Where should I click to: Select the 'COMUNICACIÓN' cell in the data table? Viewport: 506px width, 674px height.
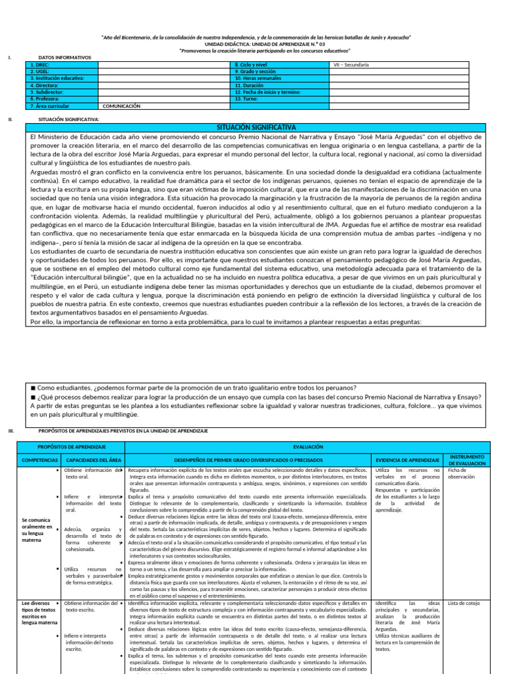coord(123,105)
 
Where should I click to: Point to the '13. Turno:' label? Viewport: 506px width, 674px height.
coord(248,99)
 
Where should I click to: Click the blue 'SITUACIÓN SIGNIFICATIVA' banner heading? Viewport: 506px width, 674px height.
coord(256,126)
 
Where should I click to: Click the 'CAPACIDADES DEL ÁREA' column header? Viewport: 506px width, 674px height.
coord(92,459)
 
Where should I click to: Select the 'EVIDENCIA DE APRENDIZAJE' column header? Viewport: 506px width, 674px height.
coord(407,459)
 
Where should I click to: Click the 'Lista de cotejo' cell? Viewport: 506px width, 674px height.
coord(464,603)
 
